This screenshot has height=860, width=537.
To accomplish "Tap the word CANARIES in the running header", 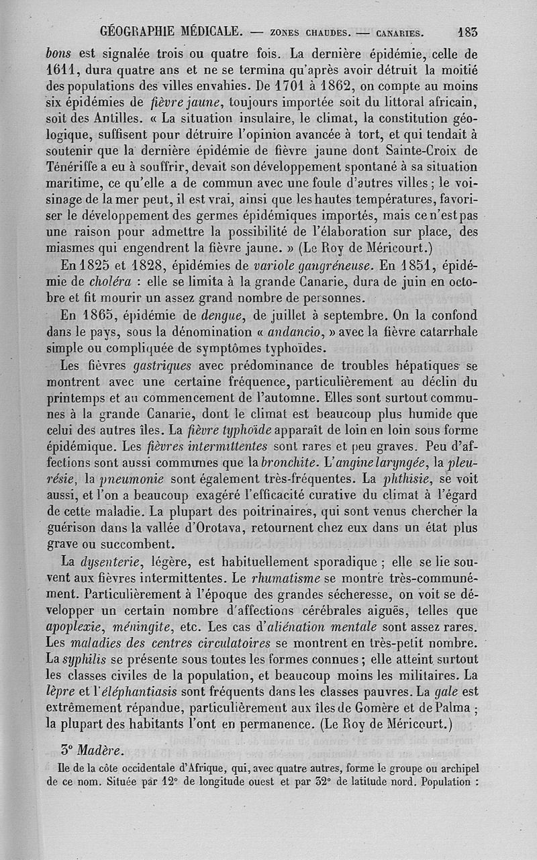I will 399,32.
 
